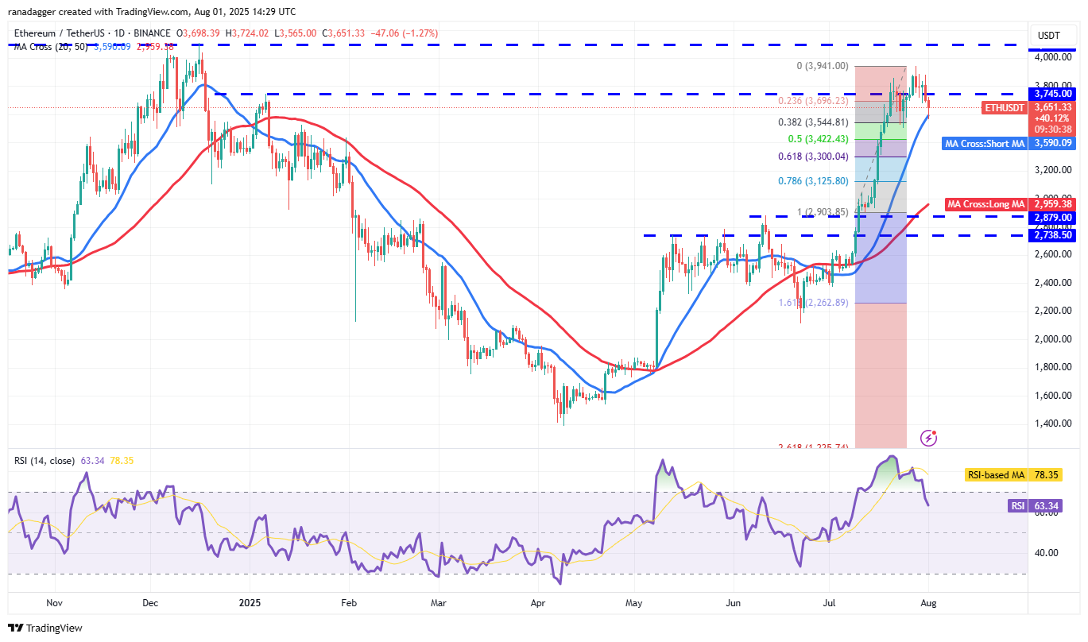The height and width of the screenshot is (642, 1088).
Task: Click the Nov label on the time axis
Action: tap(54, 603)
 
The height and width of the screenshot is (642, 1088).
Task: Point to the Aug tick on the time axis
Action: tap(928, 603)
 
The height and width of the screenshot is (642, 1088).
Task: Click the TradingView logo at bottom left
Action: tap(46, 628)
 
